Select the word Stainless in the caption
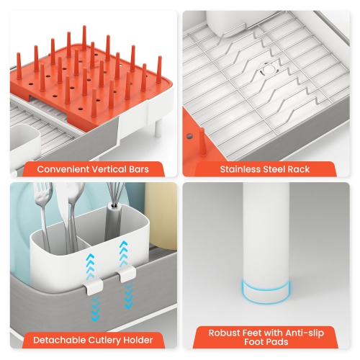[243, 171]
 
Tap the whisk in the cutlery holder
[114, 198]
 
